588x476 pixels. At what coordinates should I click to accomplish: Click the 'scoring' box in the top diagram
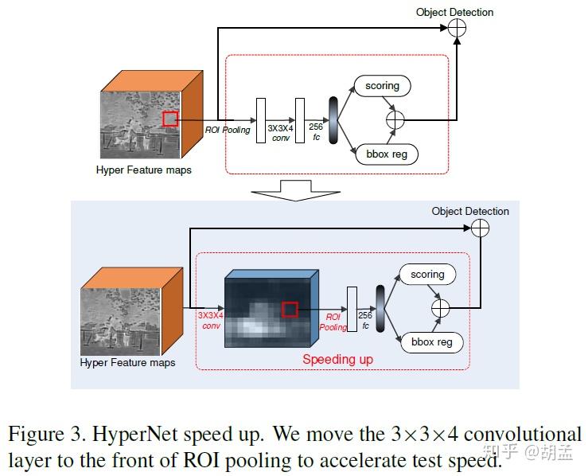point(382,85)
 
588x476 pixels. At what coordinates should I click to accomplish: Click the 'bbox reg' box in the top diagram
point(387,154)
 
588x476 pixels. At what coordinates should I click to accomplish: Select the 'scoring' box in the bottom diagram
point(427,275)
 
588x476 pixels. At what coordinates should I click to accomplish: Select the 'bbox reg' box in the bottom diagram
point(431,342)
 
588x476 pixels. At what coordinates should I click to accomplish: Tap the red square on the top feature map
point(169,119)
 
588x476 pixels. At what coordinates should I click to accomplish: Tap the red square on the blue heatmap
point(290,309)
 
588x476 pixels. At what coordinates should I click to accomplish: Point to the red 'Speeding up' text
point(337,359)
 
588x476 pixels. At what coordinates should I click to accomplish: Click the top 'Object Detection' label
point(454,12)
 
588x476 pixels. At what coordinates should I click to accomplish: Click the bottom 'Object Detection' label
point(470,211)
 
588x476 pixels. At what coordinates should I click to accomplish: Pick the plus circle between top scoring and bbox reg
point(395,119)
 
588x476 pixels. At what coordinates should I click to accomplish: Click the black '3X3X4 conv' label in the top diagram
point(278,132)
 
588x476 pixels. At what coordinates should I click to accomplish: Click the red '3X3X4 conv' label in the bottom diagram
point(211,320)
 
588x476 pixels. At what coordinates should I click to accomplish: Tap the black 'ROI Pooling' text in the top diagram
point(228,130)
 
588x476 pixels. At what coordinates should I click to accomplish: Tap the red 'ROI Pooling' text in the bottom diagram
point(333,322)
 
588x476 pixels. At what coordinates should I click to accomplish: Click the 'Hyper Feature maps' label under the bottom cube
point(127,363)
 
